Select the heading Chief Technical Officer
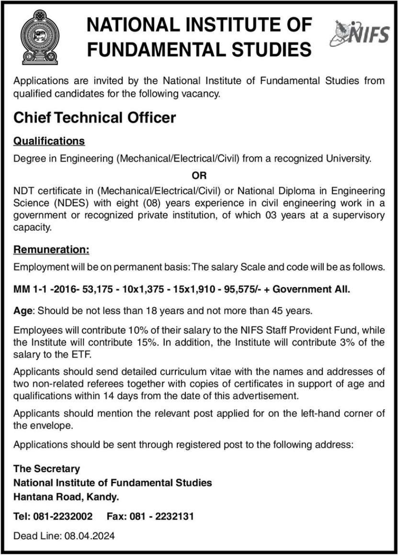95,118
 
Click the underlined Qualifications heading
49,141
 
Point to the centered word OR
199,174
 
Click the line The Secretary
47,469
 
